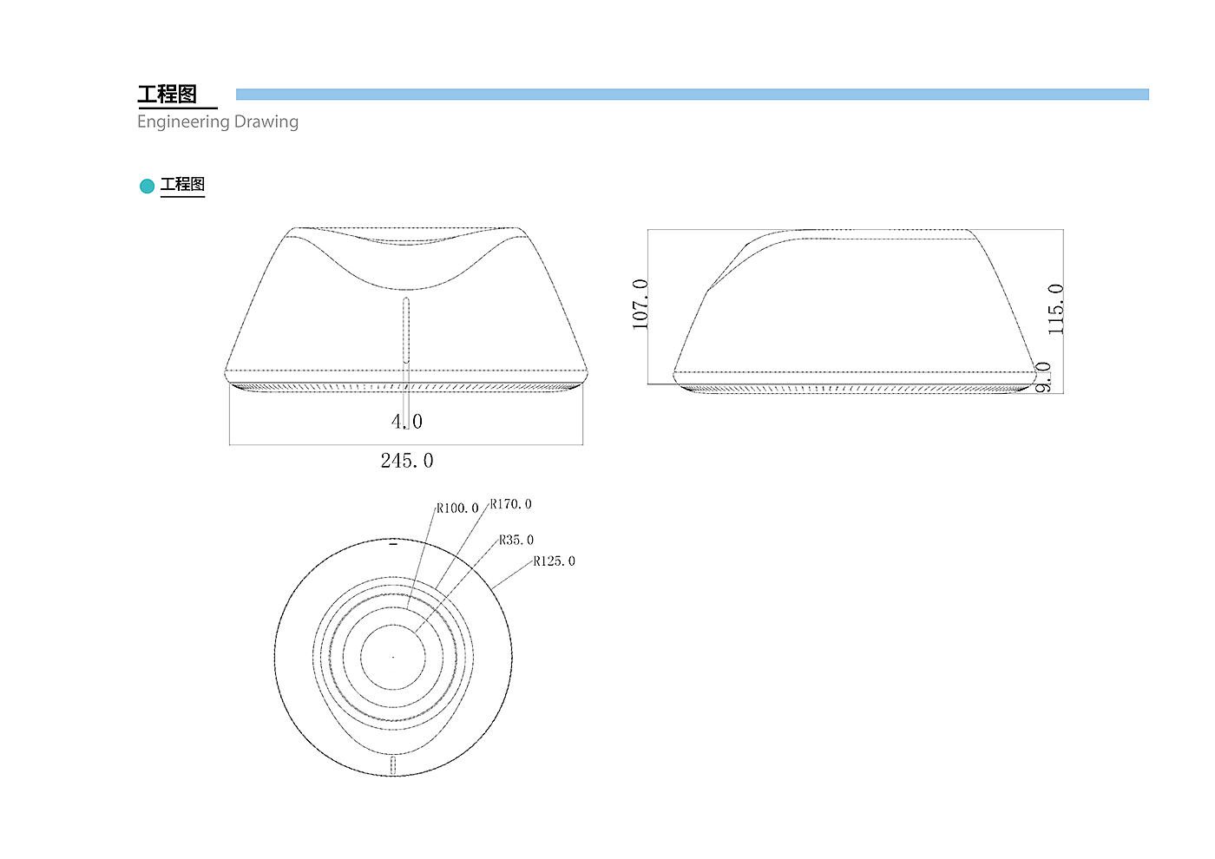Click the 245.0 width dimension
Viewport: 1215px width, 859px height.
pos(407,461)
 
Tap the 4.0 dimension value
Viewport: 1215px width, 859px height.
pos(407,422)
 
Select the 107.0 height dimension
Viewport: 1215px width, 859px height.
pos(640,305)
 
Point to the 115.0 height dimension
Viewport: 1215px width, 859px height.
pos(1055,309)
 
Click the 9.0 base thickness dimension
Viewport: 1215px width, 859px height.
pos(1043,377)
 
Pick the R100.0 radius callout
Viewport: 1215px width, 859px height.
pos(457,508)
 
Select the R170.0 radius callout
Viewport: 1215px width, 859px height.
pos(510,504)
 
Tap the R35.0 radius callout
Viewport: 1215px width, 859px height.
pos(516,540)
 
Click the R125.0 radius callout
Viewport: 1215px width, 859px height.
pos(554,561)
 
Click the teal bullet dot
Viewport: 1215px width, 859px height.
pos(147,186)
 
